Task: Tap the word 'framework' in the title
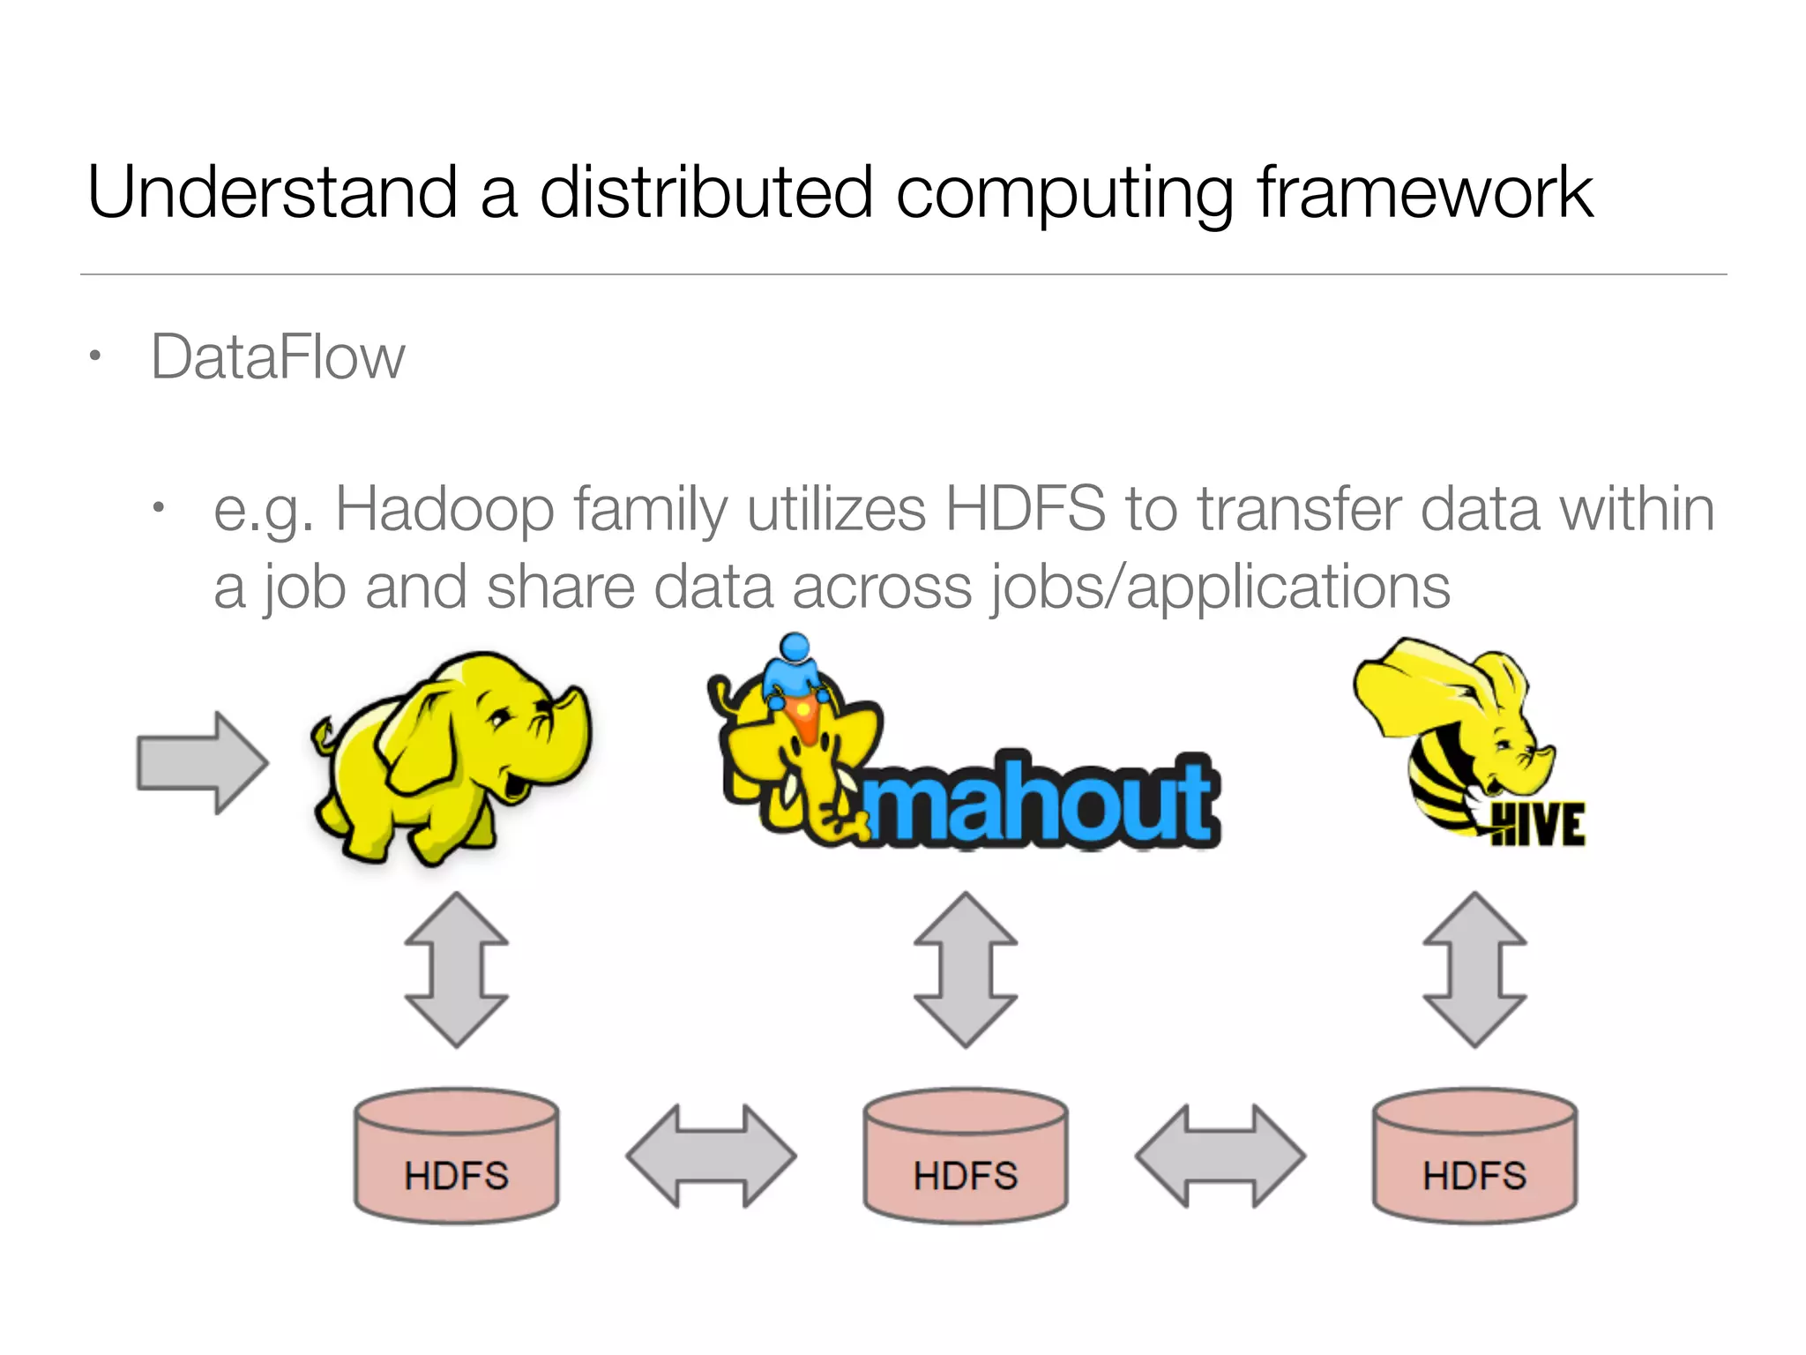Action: (x=1424, y=192)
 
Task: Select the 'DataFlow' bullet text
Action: (x=278, y=357)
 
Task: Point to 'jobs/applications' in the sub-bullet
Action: (x=1221, y=588)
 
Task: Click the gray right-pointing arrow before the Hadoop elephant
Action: (x=202, y=762)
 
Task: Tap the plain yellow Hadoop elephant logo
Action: (x=450, y=759)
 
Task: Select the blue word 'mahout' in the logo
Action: (x=1041, y=803)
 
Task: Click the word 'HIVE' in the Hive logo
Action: (x=1538, y=825)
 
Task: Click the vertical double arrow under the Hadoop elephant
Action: (x=456, y=969)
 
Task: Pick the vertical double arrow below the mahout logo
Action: (x=966, y=969)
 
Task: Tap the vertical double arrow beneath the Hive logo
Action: (x=1474, y=969)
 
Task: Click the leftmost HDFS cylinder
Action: (x=456, y=1156)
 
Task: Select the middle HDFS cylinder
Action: (x=966, y=1156)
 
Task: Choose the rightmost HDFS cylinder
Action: (x=1474, y=1156)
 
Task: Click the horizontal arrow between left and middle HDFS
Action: (x=711, y=1156)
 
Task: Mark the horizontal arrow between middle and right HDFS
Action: (x=1220, y=1156)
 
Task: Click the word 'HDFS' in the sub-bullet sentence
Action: (x=1026, y=510)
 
